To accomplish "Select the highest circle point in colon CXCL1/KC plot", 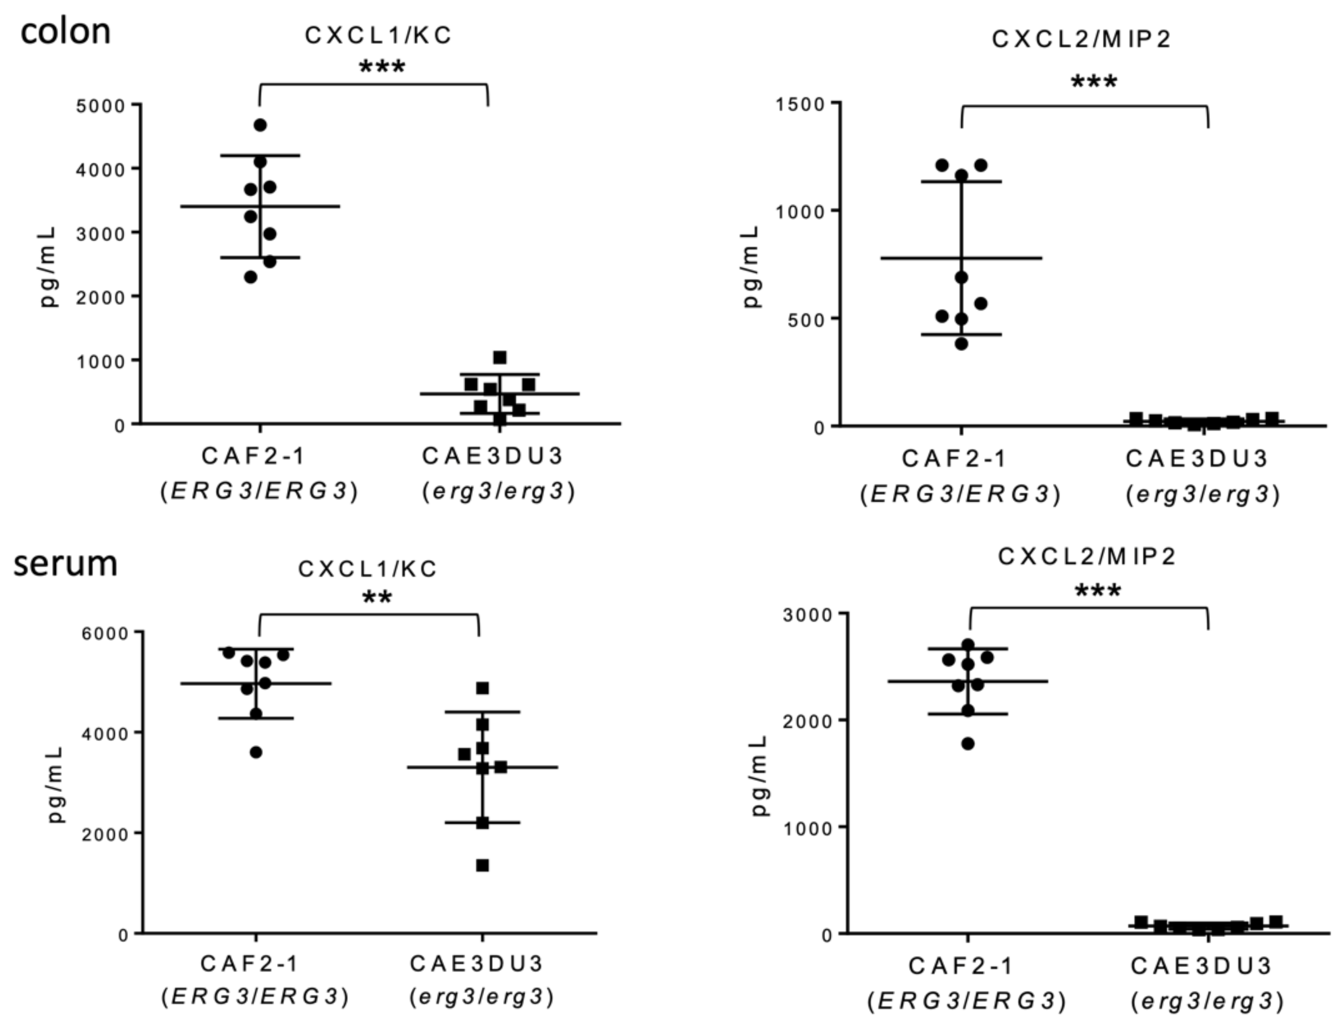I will pos(260,125).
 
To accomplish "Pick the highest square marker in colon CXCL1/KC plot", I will pos(500,357).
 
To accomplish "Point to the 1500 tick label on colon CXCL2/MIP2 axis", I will pos(799,104).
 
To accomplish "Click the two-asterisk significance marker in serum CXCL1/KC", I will pos(377,598).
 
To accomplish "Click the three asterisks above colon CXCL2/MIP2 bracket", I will pos(1094,82).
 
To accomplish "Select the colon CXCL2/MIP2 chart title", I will pos(1081,39).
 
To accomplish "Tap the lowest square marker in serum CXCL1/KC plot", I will pos(483,865).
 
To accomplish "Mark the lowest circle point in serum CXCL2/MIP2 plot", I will pos(968,743).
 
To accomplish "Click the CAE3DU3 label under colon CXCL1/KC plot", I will pos(492,456).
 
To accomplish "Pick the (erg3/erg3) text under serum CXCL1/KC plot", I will pos(482,996).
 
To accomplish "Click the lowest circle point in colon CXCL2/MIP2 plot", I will pos(961,343).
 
